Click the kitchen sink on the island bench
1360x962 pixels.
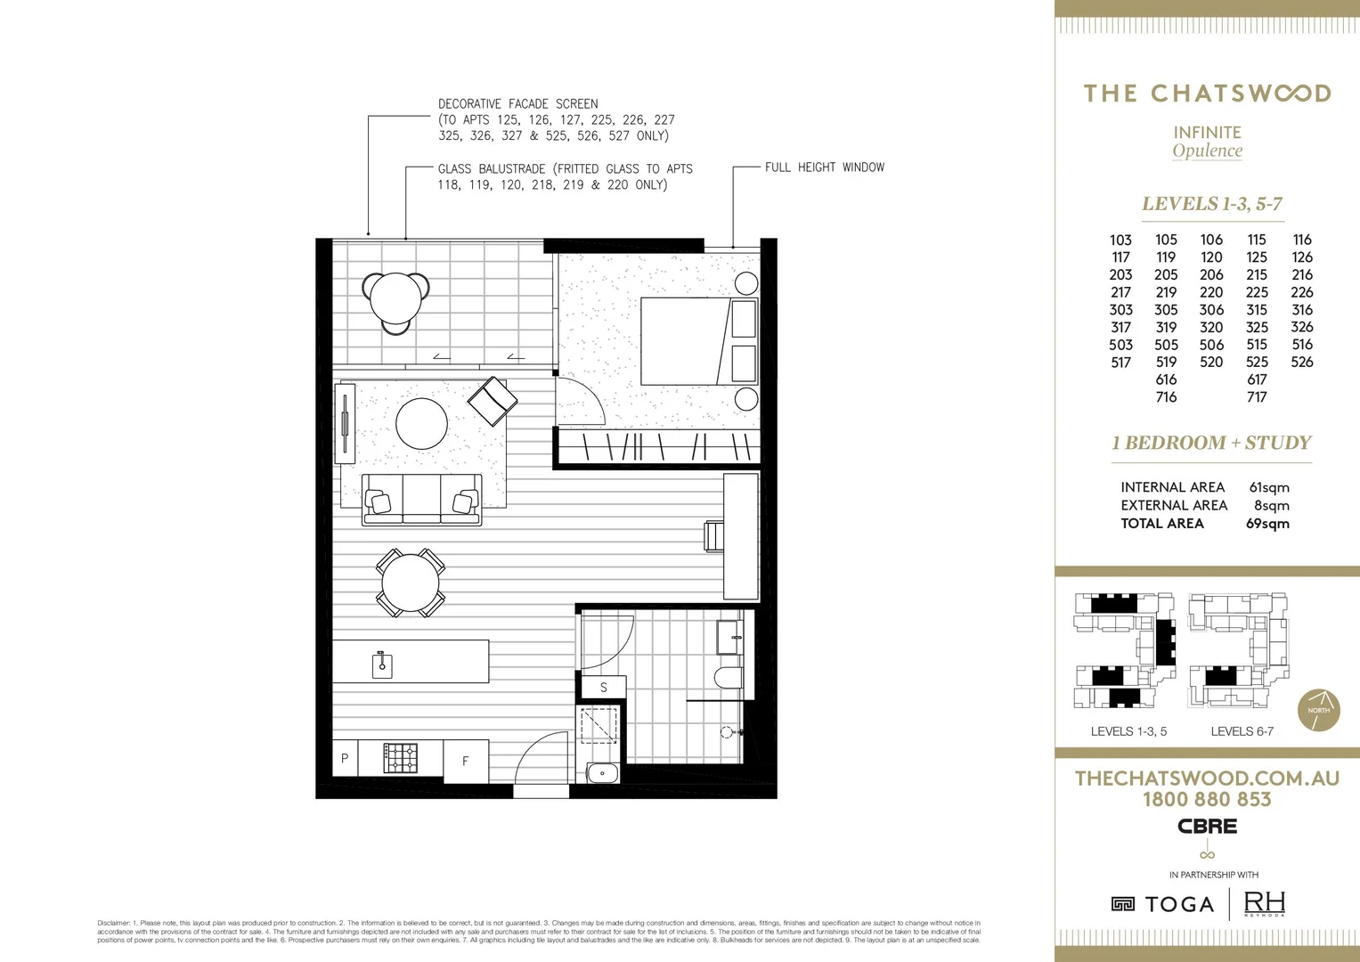pyautogui.click(x=382, y=664)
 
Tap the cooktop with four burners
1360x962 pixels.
pyautogui.click(x=400, y=758)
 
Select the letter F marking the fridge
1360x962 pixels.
pyautogui.click(x=465, y=761)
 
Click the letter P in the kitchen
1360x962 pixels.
pyautogui.click(x=345, y=758)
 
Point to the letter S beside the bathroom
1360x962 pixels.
pyautogui.click(x=603, y=687)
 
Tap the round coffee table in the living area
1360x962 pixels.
pyautogui.click(x=421, y=423)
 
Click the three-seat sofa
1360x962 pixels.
pyautogui.click(x=421, y=500)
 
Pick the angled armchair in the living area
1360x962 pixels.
pyautogui.click(x=492, y=401)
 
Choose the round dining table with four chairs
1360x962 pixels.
pyautogui.click(x=411, y=583)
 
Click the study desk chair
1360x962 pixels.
pyautogui.click(x=714, y=536)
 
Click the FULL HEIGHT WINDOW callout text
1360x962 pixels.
pyautogui.click(x=824, y=167)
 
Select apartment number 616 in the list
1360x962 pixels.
pyautogui.click(x=1166, y=379)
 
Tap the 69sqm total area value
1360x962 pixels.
pyautogui.click(x=1267, y=524)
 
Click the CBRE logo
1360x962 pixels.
pyautogui.click(x=1207, y=827)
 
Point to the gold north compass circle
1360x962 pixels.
pyautogui.click(x=1318, y=710)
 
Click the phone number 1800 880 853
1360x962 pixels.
pyautogui.click(x=1207, y=800)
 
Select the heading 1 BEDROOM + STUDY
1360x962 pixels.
pyautogui.click(x=1211, y=443)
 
